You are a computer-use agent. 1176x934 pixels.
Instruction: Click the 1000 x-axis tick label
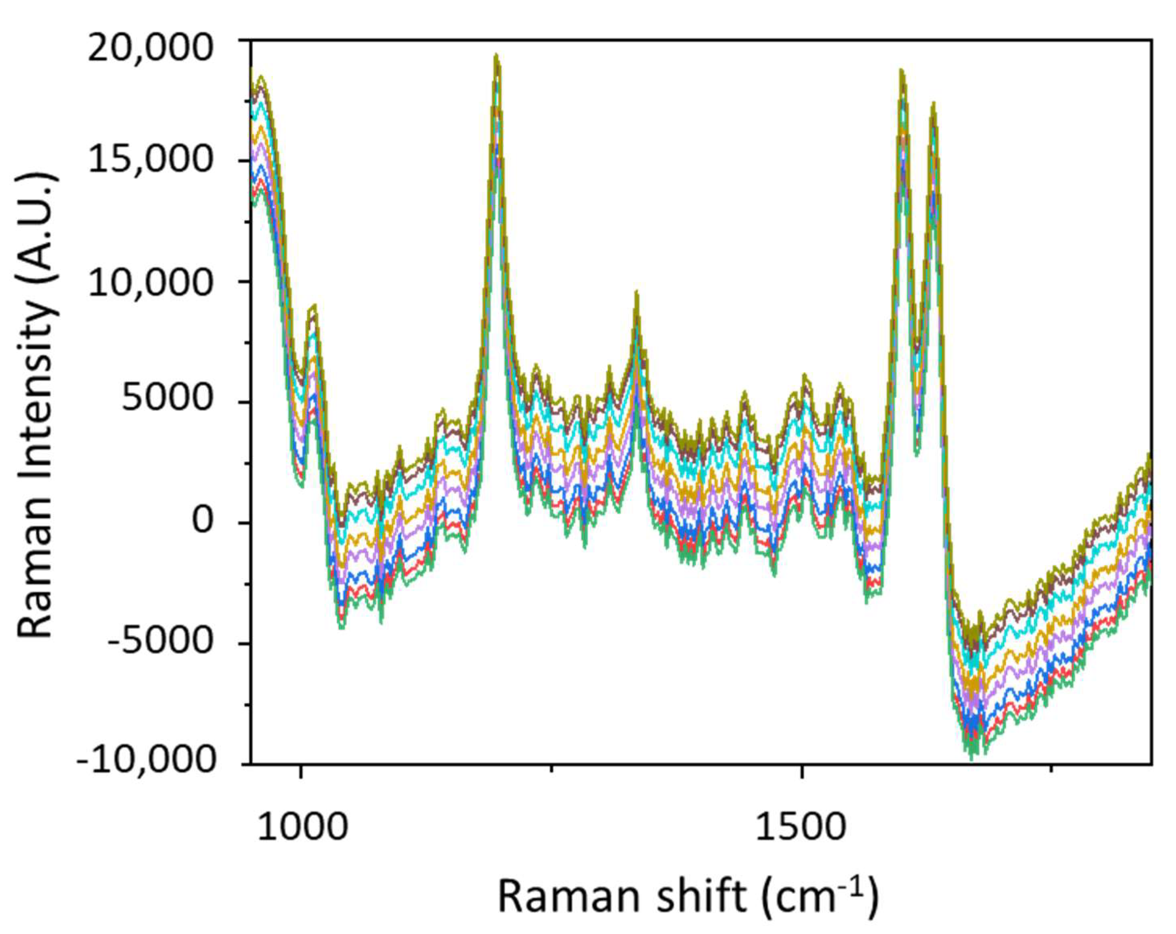click(x=301, y=827)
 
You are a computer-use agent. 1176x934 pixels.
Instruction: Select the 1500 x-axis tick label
click(x=801, y=827)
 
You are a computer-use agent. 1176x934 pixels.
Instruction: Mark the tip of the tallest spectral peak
click(x=496, y=55)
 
